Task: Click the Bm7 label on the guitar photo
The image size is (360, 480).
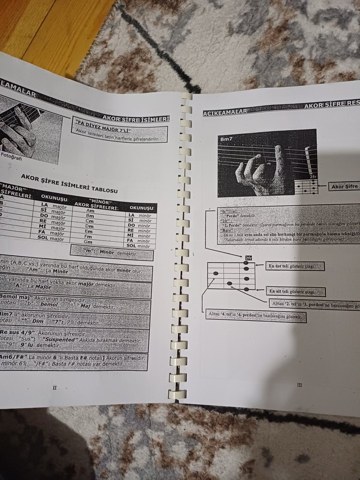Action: pyautogui.click(x=227, y=139)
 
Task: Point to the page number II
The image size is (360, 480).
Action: pyautogui.click(x=55, y=387)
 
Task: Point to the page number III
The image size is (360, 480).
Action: pyautogui.click(x=299, y=385)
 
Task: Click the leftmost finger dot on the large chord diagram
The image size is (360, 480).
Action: pyautogui.click(x=216, y=273)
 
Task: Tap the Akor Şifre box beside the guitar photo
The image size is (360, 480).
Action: pyautogui.click(x=345, y=187)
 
